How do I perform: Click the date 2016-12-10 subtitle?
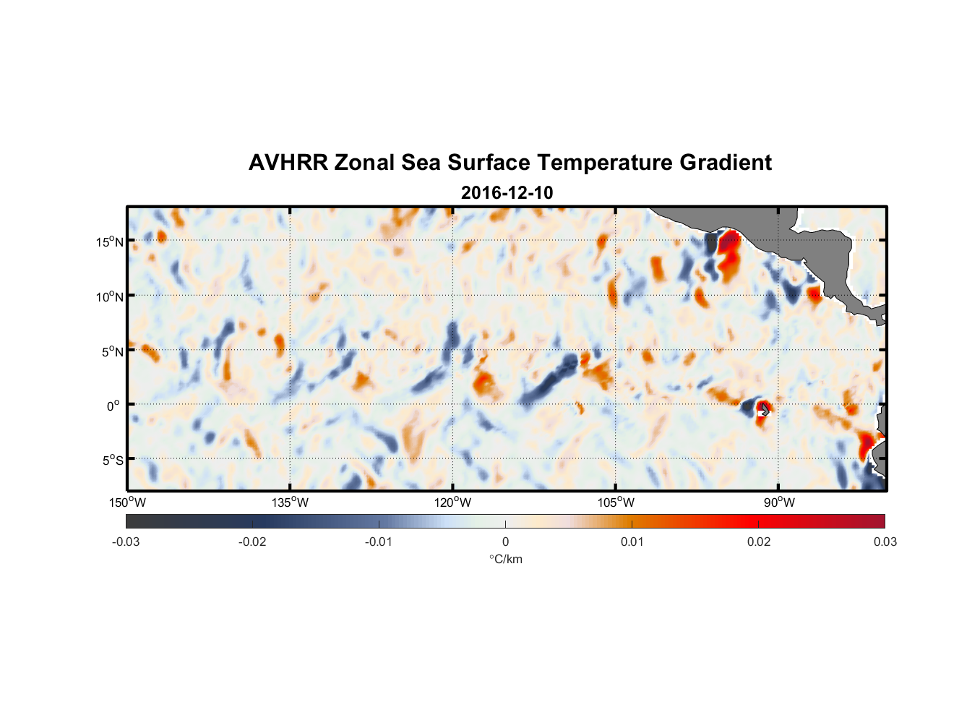point(507,193)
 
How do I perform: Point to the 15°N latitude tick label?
point(110,241)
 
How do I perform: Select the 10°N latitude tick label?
point(110,296)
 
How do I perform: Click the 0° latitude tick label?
point(113,406)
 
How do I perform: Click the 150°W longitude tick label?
point(128,502)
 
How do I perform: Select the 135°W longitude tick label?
point(291,502)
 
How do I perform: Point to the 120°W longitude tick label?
point(453,502)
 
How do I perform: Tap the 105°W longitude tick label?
point(616,502)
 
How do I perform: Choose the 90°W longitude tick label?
point(779,502)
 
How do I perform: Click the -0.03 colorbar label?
point(126,542)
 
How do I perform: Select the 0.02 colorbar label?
point(759,542)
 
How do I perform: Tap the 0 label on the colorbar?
point(505,542)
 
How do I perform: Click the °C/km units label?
point(506,559)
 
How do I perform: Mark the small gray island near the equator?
point(765,409)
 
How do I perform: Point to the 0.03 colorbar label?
point(885,542)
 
